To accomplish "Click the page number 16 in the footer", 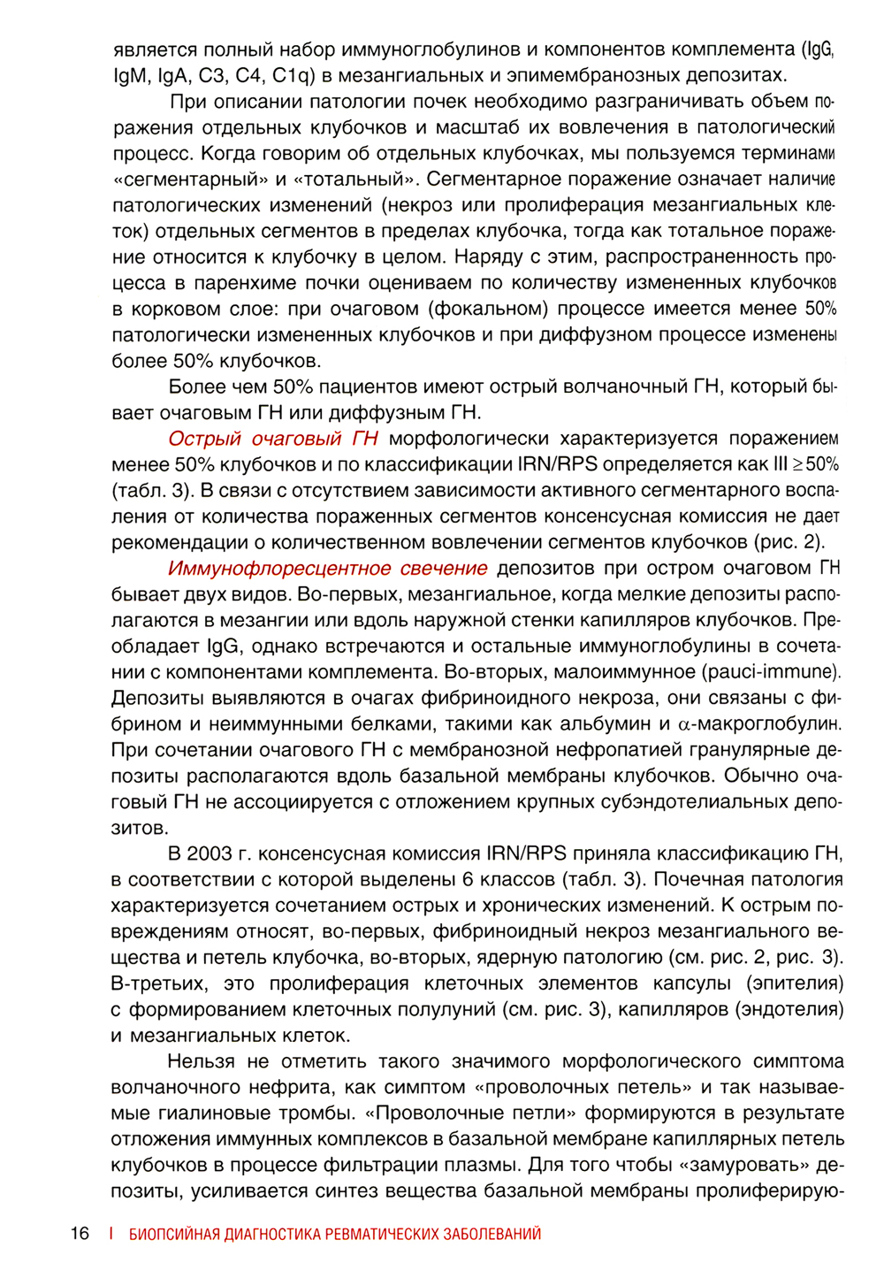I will (x=80, y=1234).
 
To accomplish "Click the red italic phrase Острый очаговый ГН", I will (x=273, y=439).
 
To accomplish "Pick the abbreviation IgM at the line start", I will (x=130, y=74).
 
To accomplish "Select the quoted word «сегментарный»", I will (x=190, y=179).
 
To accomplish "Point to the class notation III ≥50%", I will (x=807, y=464).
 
